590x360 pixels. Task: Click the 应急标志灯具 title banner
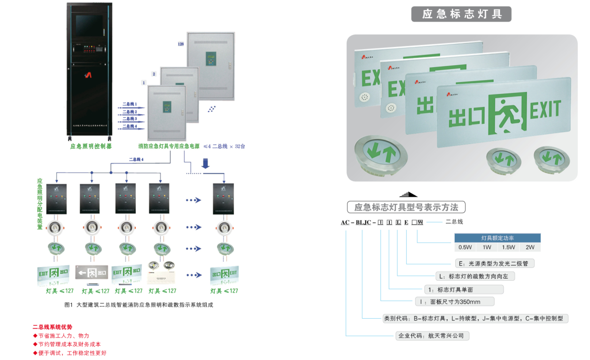tap(461, 14)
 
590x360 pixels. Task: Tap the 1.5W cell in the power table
tap(508, 247)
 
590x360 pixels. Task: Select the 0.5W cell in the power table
tap(465, 247)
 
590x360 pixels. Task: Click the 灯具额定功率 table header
tap(497, 238)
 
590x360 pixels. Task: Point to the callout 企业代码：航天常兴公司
tap(433, 336)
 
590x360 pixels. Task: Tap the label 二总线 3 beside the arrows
tap(130, 119)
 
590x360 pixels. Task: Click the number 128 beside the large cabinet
tap(181, 44)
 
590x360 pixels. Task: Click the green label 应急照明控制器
tap(91, 146)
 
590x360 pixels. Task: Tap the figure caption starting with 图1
tap(139, 305)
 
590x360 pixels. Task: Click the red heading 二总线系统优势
tap(52, 327)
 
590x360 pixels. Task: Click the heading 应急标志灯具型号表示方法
tap(406, 207)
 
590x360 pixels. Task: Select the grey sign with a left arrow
tap(92, 272)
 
